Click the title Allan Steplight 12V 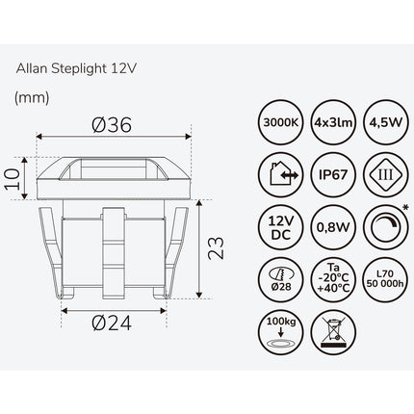[76, 68]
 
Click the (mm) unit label [32, 97]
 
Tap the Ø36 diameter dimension [112, 125]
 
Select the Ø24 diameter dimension [112, 323]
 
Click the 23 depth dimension [216, 248]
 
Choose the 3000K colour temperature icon [281, 122]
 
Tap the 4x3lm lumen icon [333, 122]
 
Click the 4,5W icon [386, 122]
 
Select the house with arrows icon [281, 175]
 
